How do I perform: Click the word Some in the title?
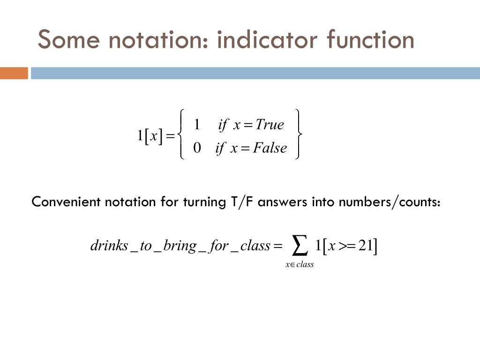pyautogui.click(x=68, y=40)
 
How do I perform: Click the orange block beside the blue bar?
pyautogui.click(x=14, y=74)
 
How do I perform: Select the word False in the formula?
pyautogui.click(x=270, y=148)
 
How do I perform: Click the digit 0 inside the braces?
pyautogui.click(x=197, y=148)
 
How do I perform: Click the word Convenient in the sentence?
pyautogui.click(x=66, y=202)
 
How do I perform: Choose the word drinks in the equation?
pyautogui.click(x=109, y=246)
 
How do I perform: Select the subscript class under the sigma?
pyautogui.click(x=305, y=265)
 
